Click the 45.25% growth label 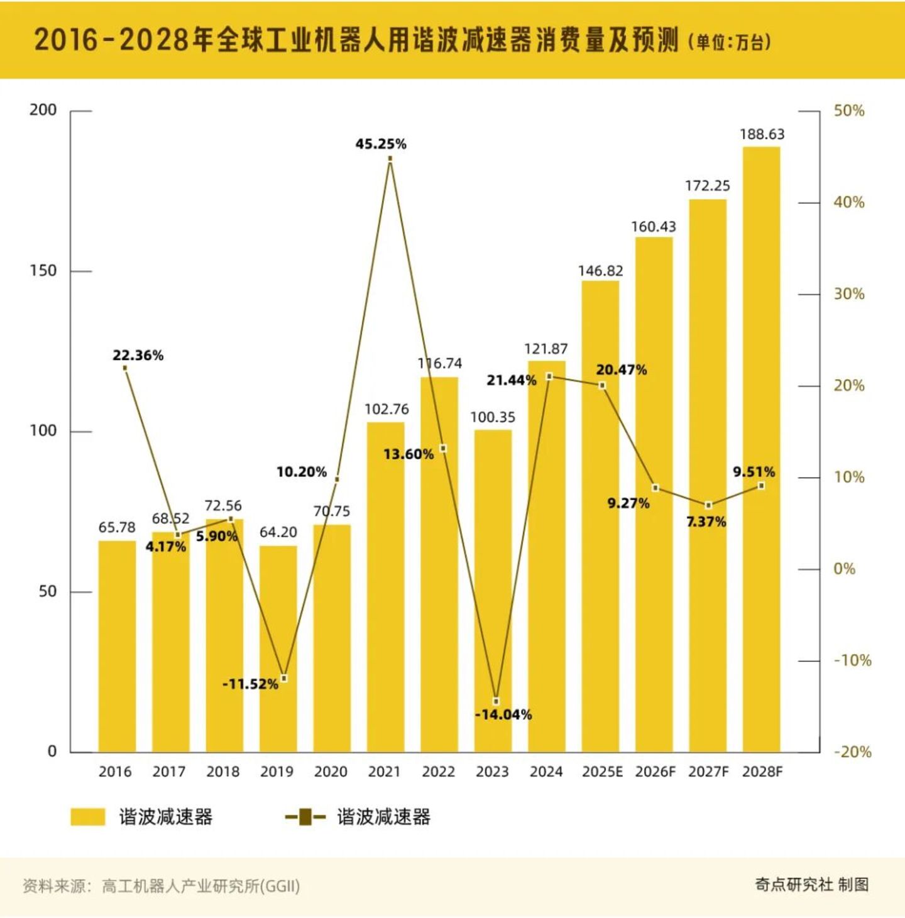pos(381,144)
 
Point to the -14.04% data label pos(503,714)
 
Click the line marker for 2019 pos(284,678)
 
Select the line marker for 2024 pos(549,376)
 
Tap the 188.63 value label pos(762,134)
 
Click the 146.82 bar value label pos(600,271)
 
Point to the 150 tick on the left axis pos(43,271)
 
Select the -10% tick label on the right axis pos(852,660)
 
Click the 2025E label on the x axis pos(602,772)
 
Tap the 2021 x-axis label pos(384,772)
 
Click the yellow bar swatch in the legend pos(88,817)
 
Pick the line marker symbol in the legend pos(305,817)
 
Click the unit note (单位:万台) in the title pos(729,42)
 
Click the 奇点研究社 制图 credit pos(811,885)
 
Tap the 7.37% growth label pos(706,522)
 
